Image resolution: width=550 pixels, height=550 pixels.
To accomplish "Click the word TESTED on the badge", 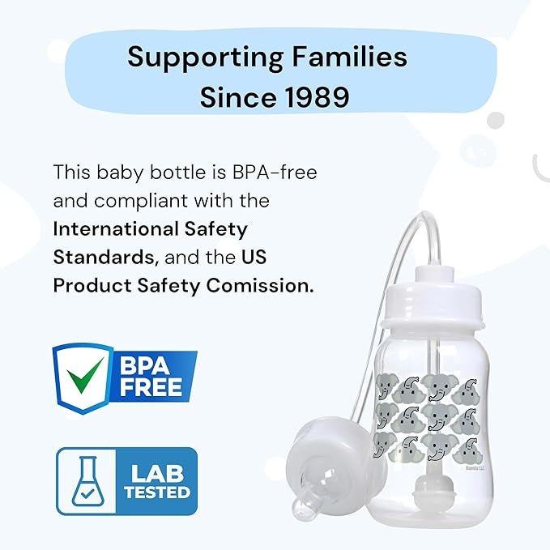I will coord(158,492).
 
